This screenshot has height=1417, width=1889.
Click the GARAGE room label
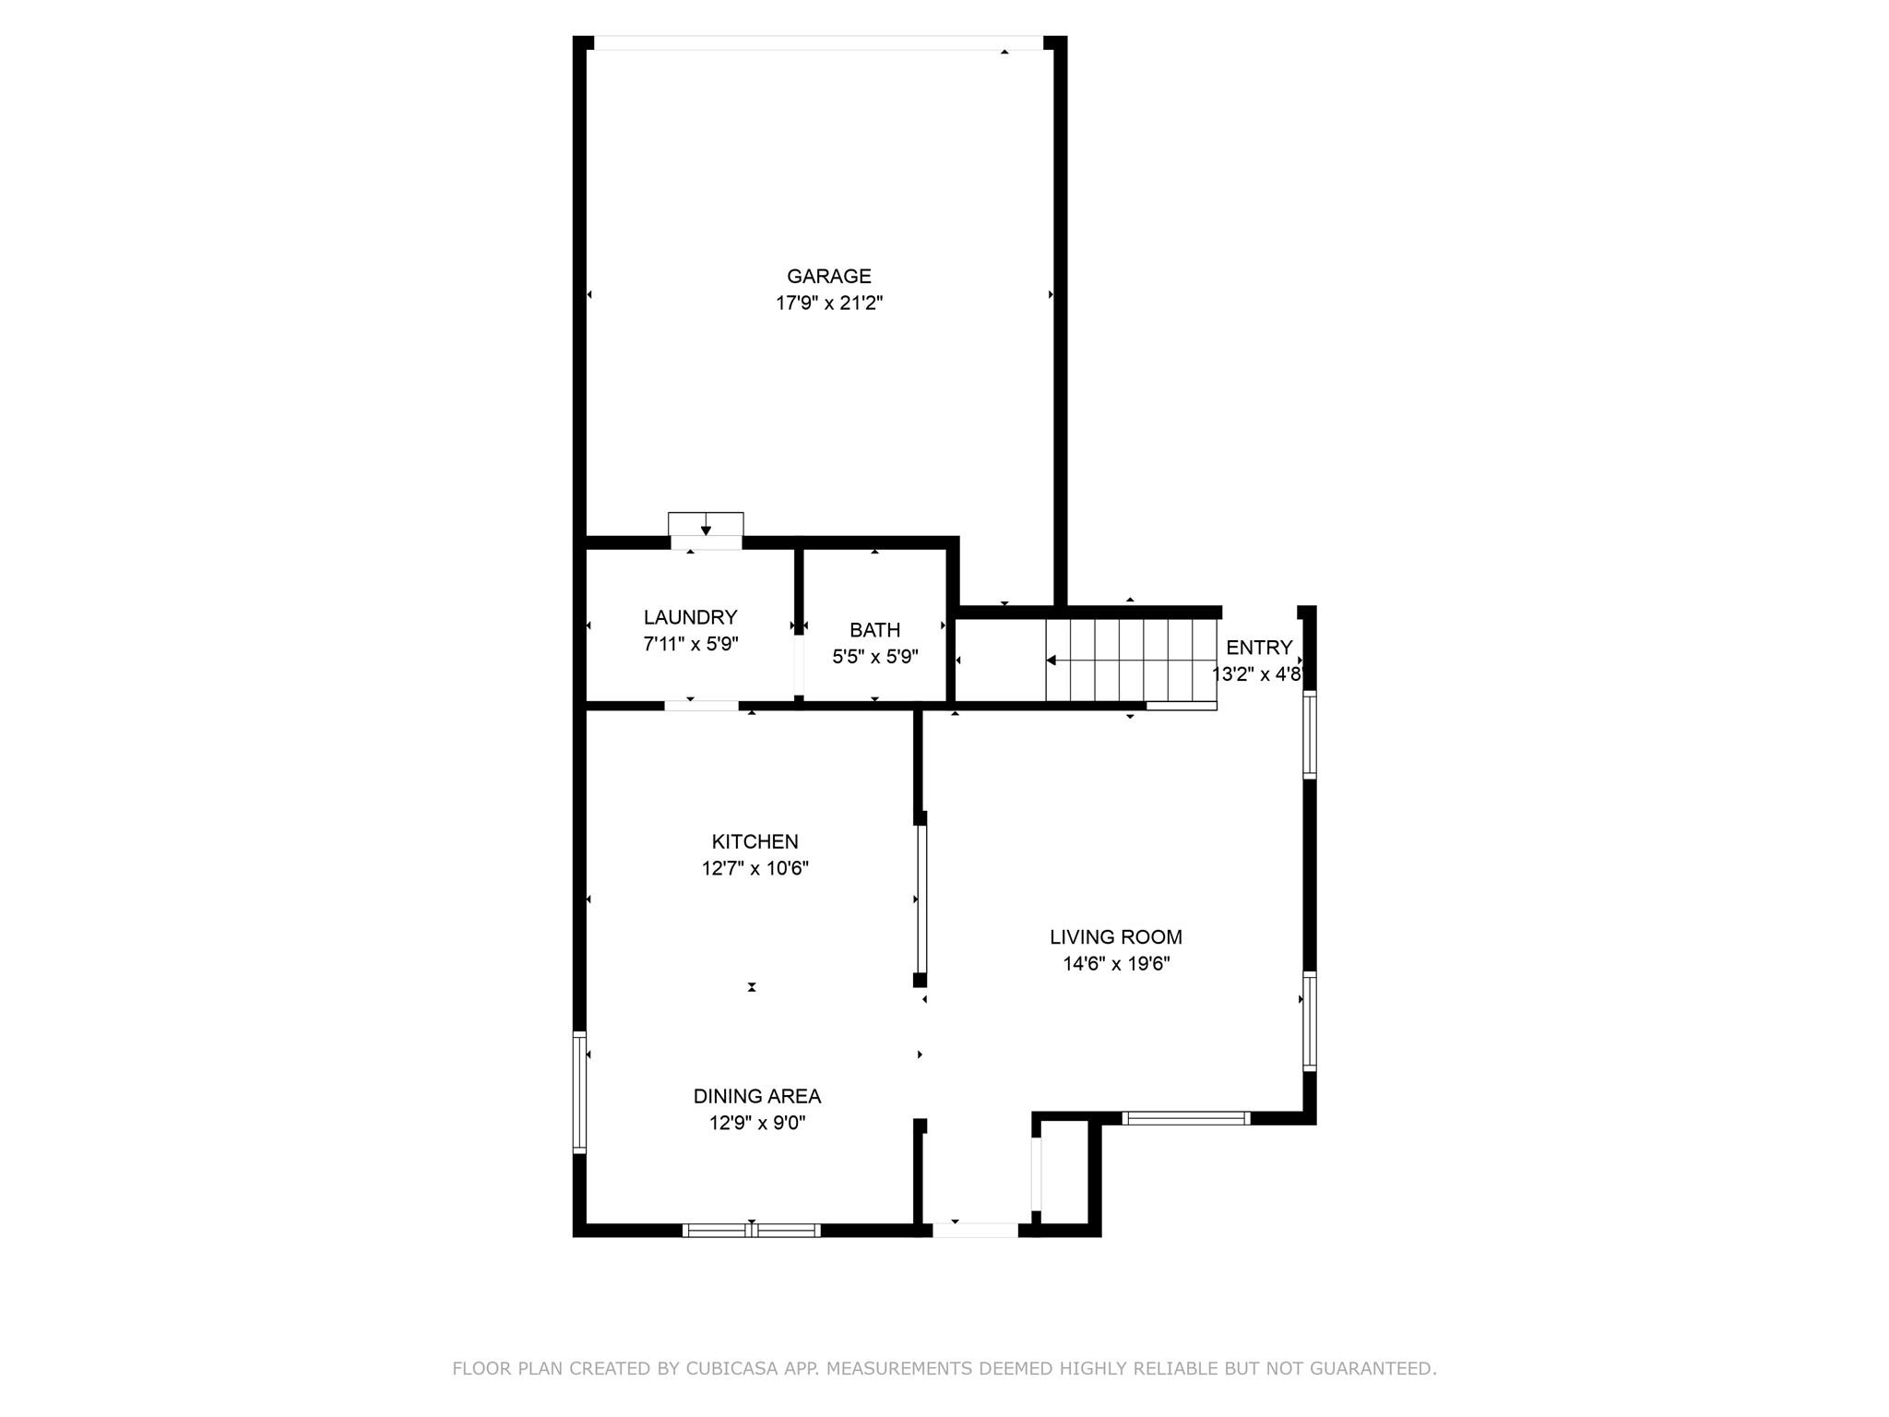pos(828,276)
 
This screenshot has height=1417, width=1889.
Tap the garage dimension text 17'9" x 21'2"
pos(828,303)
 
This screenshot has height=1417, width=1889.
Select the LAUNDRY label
pos(690,617)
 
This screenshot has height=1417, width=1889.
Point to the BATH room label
pos(874,630)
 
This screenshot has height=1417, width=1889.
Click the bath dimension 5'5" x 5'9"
pos(874,657)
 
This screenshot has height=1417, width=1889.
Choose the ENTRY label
pos(1258,648)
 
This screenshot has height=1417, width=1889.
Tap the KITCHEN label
pos(754,841)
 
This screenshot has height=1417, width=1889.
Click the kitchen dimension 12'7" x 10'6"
pos(754,868)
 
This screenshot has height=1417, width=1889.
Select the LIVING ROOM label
pos(1115,937)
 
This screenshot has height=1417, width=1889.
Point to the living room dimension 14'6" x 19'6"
pos(1115,964)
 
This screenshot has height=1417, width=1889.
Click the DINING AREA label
pos(756,1096)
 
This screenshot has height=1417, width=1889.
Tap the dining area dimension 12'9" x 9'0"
pos(756,1123)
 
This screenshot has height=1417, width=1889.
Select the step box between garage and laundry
pos(706,524)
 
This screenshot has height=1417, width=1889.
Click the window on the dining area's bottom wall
pos(751,1230)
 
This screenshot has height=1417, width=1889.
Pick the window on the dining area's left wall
pos(579,1092)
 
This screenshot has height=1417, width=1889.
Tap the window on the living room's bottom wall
pos(1185,1118)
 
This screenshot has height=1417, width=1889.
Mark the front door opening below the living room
pos(975,1230)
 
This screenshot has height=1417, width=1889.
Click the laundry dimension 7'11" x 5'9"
pos(690,644)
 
